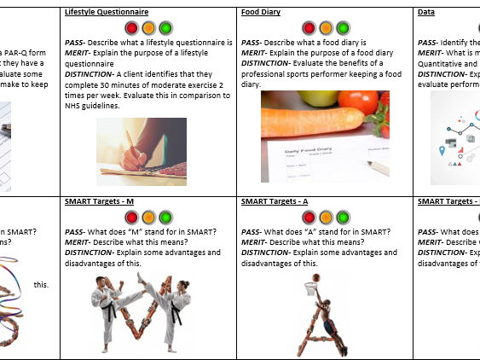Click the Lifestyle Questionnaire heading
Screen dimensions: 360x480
(x=107, y=12)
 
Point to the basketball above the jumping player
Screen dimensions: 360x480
(x=316, y=277)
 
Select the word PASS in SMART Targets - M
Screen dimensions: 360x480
(x=77, y=231)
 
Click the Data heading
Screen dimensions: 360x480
(x=426, y=12)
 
